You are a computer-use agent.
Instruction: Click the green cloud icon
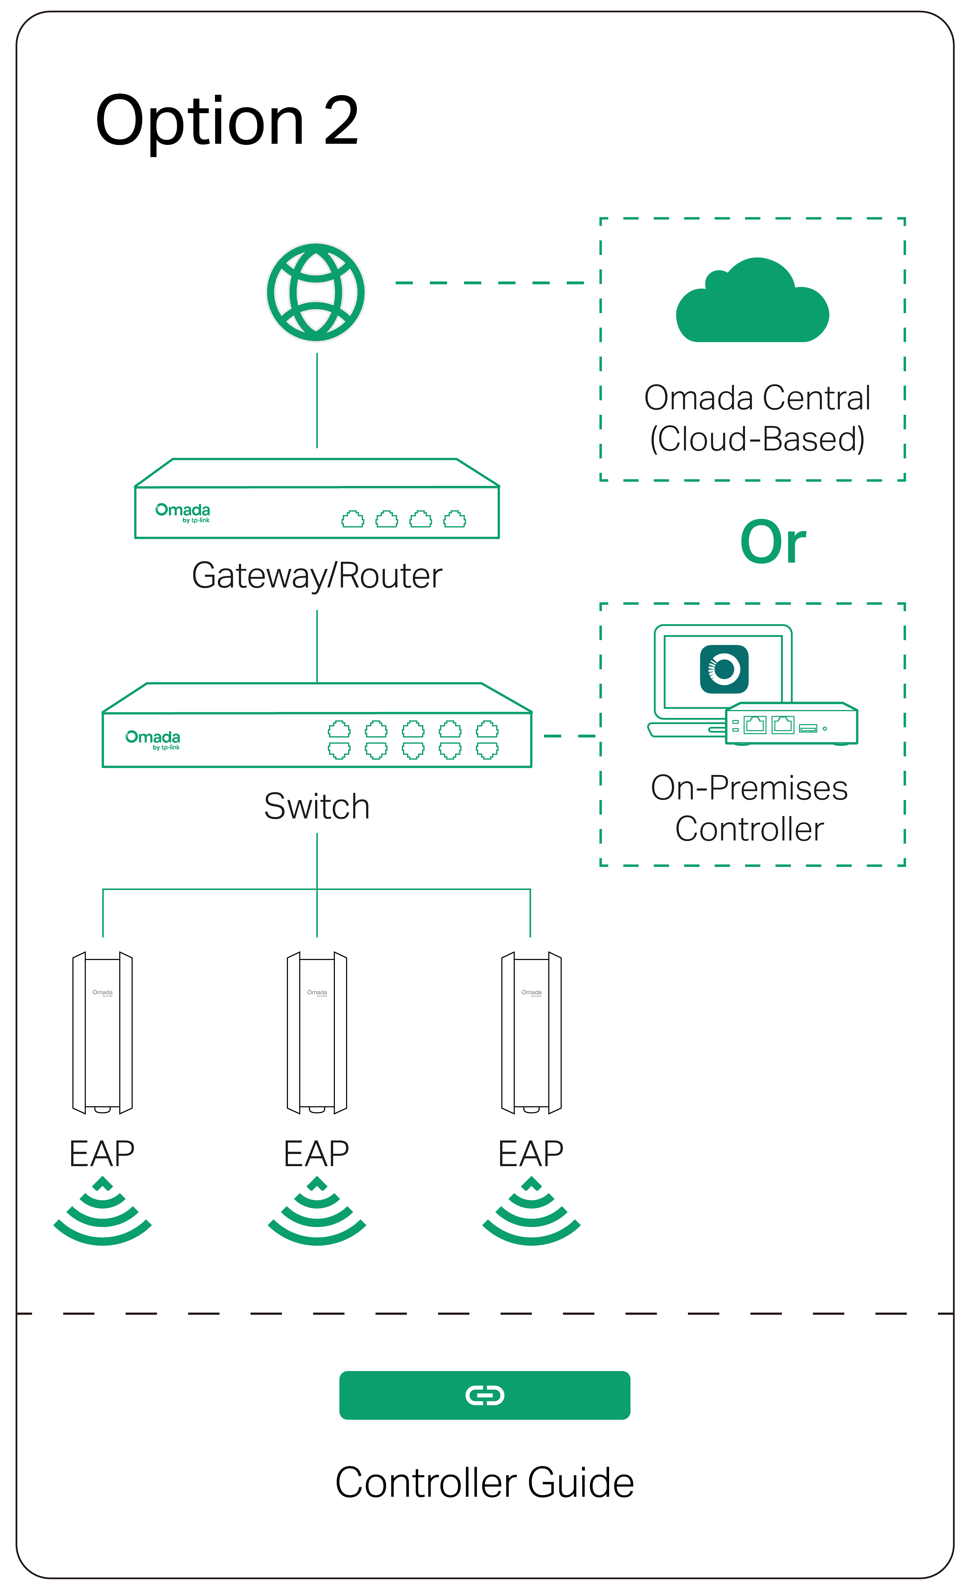point(752,303)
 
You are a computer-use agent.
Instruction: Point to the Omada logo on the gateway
point(183,512)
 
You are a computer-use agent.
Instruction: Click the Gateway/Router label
point(317,575)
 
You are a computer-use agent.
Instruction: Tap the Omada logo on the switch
point(153,739)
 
